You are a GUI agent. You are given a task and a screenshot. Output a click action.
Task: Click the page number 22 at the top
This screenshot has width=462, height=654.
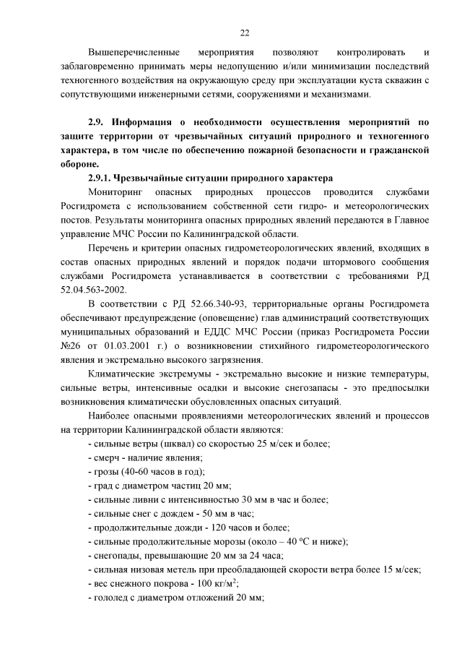pyautogui.click(x=244, y=33)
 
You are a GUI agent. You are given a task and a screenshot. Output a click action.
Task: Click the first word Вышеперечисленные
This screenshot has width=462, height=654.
pyautogui.click(x=128, y=53)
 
